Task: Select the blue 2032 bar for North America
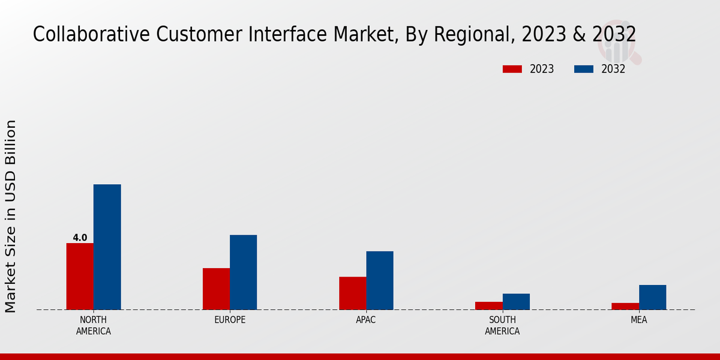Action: click(107, 247)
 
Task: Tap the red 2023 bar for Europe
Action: click(216, 289)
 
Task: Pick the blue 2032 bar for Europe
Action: click(243, 272)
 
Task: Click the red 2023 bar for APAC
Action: click(352, 293)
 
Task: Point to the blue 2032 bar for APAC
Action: click(380, 280)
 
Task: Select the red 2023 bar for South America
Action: click(488, 305)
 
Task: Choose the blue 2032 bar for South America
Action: click(516, 301)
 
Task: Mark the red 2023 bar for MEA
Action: click(625, 306)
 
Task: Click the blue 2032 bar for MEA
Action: click(652, 297)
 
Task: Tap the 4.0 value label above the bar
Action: click(80, 238)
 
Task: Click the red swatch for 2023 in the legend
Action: click(512, 69)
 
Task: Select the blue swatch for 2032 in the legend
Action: click(584, 69)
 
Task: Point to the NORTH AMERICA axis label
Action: click(94, 325)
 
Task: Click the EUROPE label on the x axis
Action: click(230, 320)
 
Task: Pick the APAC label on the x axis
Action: click(366, 320)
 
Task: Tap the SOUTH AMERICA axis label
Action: click(502, 325)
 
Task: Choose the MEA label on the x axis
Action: click(638, 320)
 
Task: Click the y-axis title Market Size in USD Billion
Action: click(11, 216)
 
